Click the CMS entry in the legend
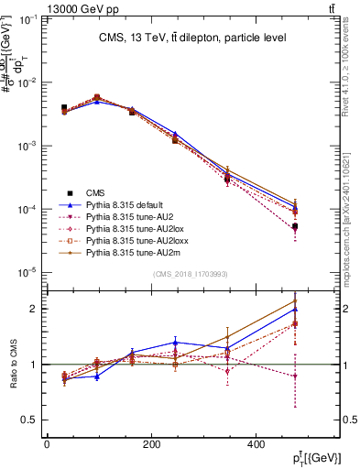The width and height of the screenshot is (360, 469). tap(96, 192)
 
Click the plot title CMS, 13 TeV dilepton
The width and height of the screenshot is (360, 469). tap(193, 38)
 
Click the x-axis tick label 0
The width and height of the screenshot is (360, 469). tap(47, 444)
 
